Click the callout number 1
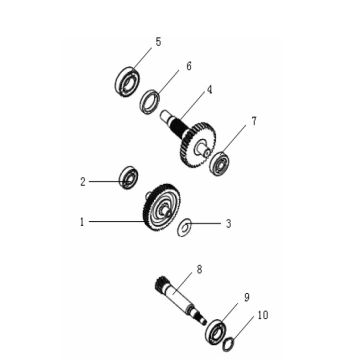[x=81, y=222]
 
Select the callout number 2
[x=82, y=182]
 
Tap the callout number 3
[x=228, y=224]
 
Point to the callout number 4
[x=209, y=90]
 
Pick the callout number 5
[x=158, y=42]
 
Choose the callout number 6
[x=188, y=67]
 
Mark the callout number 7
[x=254, y=121]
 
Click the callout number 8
[x=199, y=269]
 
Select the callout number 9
[x=246, y=298]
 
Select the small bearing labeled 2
[x=128, y=178]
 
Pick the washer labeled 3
[x=184, y=229]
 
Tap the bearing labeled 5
[x=127, y=81]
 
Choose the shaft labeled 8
[x=186, y=300]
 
